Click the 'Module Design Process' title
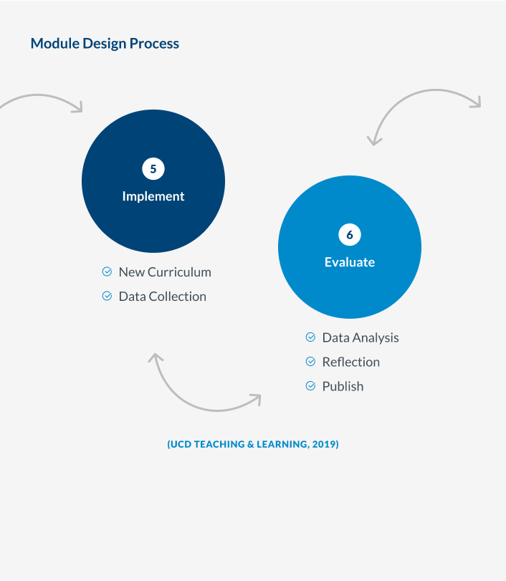(105, 44)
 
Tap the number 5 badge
(153, 169)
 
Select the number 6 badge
(350, 234)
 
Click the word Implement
(153, 196)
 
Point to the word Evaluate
(350, 262)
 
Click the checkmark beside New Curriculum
(107, 272)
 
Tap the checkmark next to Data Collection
(107, 296)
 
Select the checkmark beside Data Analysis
(310, 337)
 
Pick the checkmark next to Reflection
(310, 361)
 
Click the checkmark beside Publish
(310, 386)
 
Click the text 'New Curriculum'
(165, 272)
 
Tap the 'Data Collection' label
(163, 297)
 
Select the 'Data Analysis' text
(361, 338)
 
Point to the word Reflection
(351, 362)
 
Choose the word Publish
(343, 386)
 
